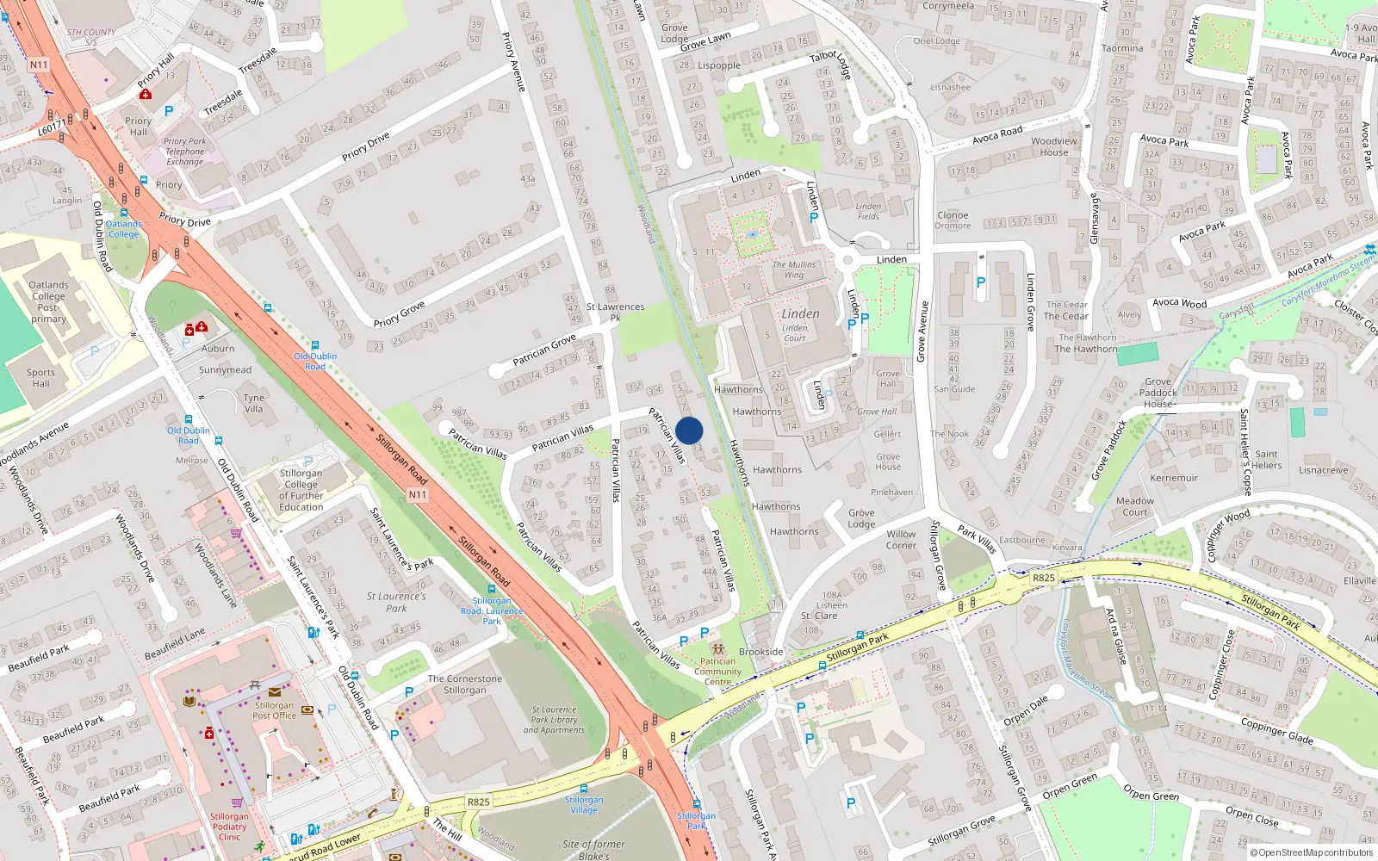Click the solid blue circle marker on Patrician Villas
pos(689,430)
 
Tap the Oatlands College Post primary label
pos(48,301)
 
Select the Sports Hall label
pos(40,378)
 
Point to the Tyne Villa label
pos(253,403)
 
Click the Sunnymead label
pos(226,370)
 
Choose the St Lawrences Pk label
pos(615,312)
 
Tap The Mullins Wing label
pos(793,269)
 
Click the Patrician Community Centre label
pos(717,672)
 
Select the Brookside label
pos(760,652)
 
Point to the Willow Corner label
pos(901,539)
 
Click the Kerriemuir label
pos(1174,478)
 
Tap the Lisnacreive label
pos(1323,470)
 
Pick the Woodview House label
pos(1053,146)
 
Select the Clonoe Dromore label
pos(953,220)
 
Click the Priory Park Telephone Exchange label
pos(185,152)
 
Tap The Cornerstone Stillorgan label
pos(465,684)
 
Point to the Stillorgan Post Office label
pos(275,710)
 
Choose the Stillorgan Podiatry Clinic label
pos(229,827)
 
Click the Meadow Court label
pos(1134,506)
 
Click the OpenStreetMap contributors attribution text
pos(1315,852)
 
